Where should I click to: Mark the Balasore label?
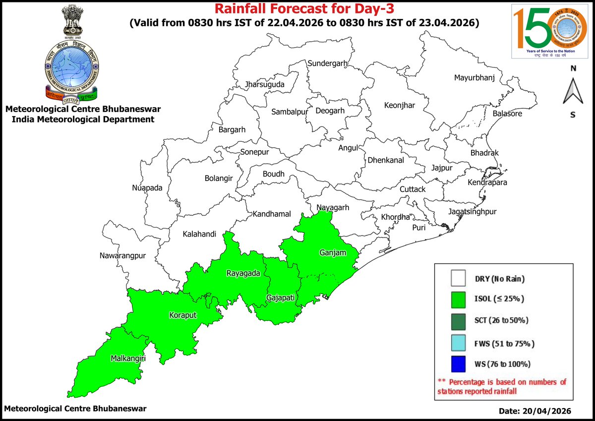(x=507, y=114)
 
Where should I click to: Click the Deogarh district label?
(x=330, y=111)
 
